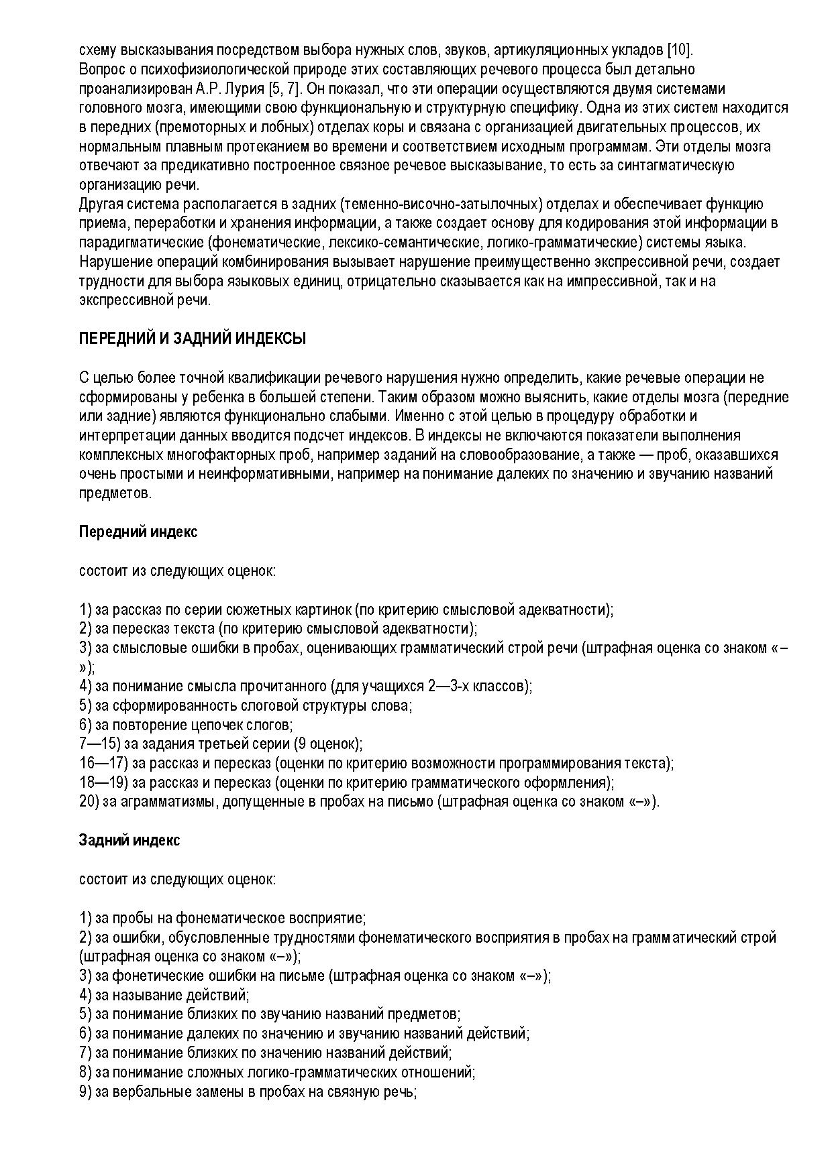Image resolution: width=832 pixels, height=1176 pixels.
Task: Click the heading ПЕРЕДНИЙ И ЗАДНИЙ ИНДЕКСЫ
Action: [x=192, y=339]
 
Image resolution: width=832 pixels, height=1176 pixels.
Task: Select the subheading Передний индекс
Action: [x=138, y=532]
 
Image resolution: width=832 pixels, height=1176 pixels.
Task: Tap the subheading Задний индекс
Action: [x=129, y=840]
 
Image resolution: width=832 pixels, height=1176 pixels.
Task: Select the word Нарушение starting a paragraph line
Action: [x=111, y=261]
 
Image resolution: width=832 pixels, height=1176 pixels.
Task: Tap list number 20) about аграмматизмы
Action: [x=89, y=802]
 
